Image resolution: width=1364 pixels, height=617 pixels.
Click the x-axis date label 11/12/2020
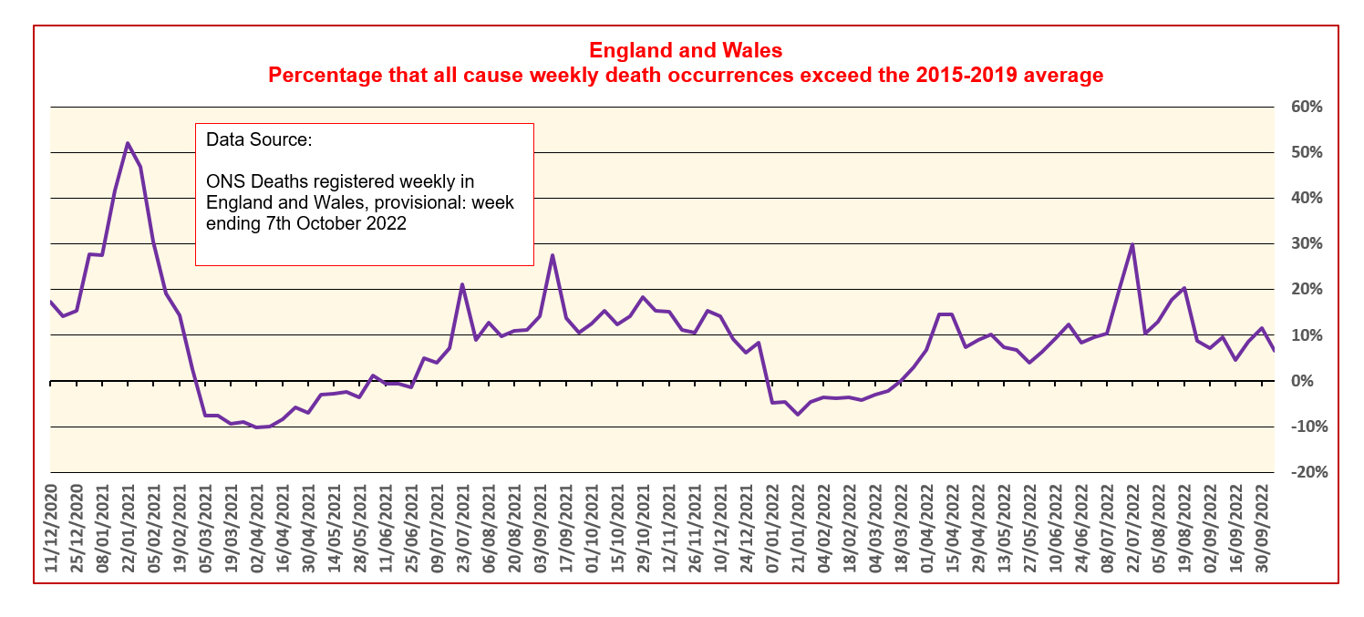(50, 531)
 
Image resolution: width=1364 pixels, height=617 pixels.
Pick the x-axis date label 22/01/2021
(128, 531)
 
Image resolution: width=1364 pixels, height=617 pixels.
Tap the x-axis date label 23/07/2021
(462, 531)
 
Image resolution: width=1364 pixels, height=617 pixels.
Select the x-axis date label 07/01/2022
(771, 531)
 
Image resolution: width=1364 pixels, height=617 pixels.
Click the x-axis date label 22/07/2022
(1131, 531)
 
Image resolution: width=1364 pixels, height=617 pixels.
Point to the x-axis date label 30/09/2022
(1261, 531)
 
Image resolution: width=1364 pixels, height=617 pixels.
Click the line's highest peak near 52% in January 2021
(128, 143)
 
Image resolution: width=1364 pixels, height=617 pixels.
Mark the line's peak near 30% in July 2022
(1131, 244)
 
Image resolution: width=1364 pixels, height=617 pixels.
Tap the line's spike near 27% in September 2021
(553, 255)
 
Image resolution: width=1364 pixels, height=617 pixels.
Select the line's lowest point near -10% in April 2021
(256, 427)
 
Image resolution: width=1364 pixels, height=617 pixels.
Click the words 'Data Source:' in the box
(259, 140)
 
